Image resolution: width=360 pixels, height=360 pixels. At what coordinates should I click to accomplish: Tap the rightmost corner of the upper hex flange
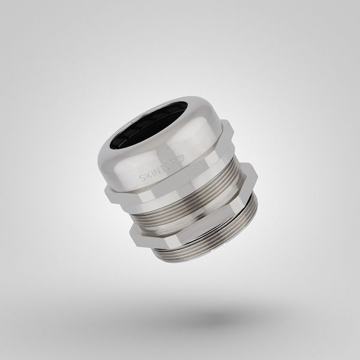point(257,174)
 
